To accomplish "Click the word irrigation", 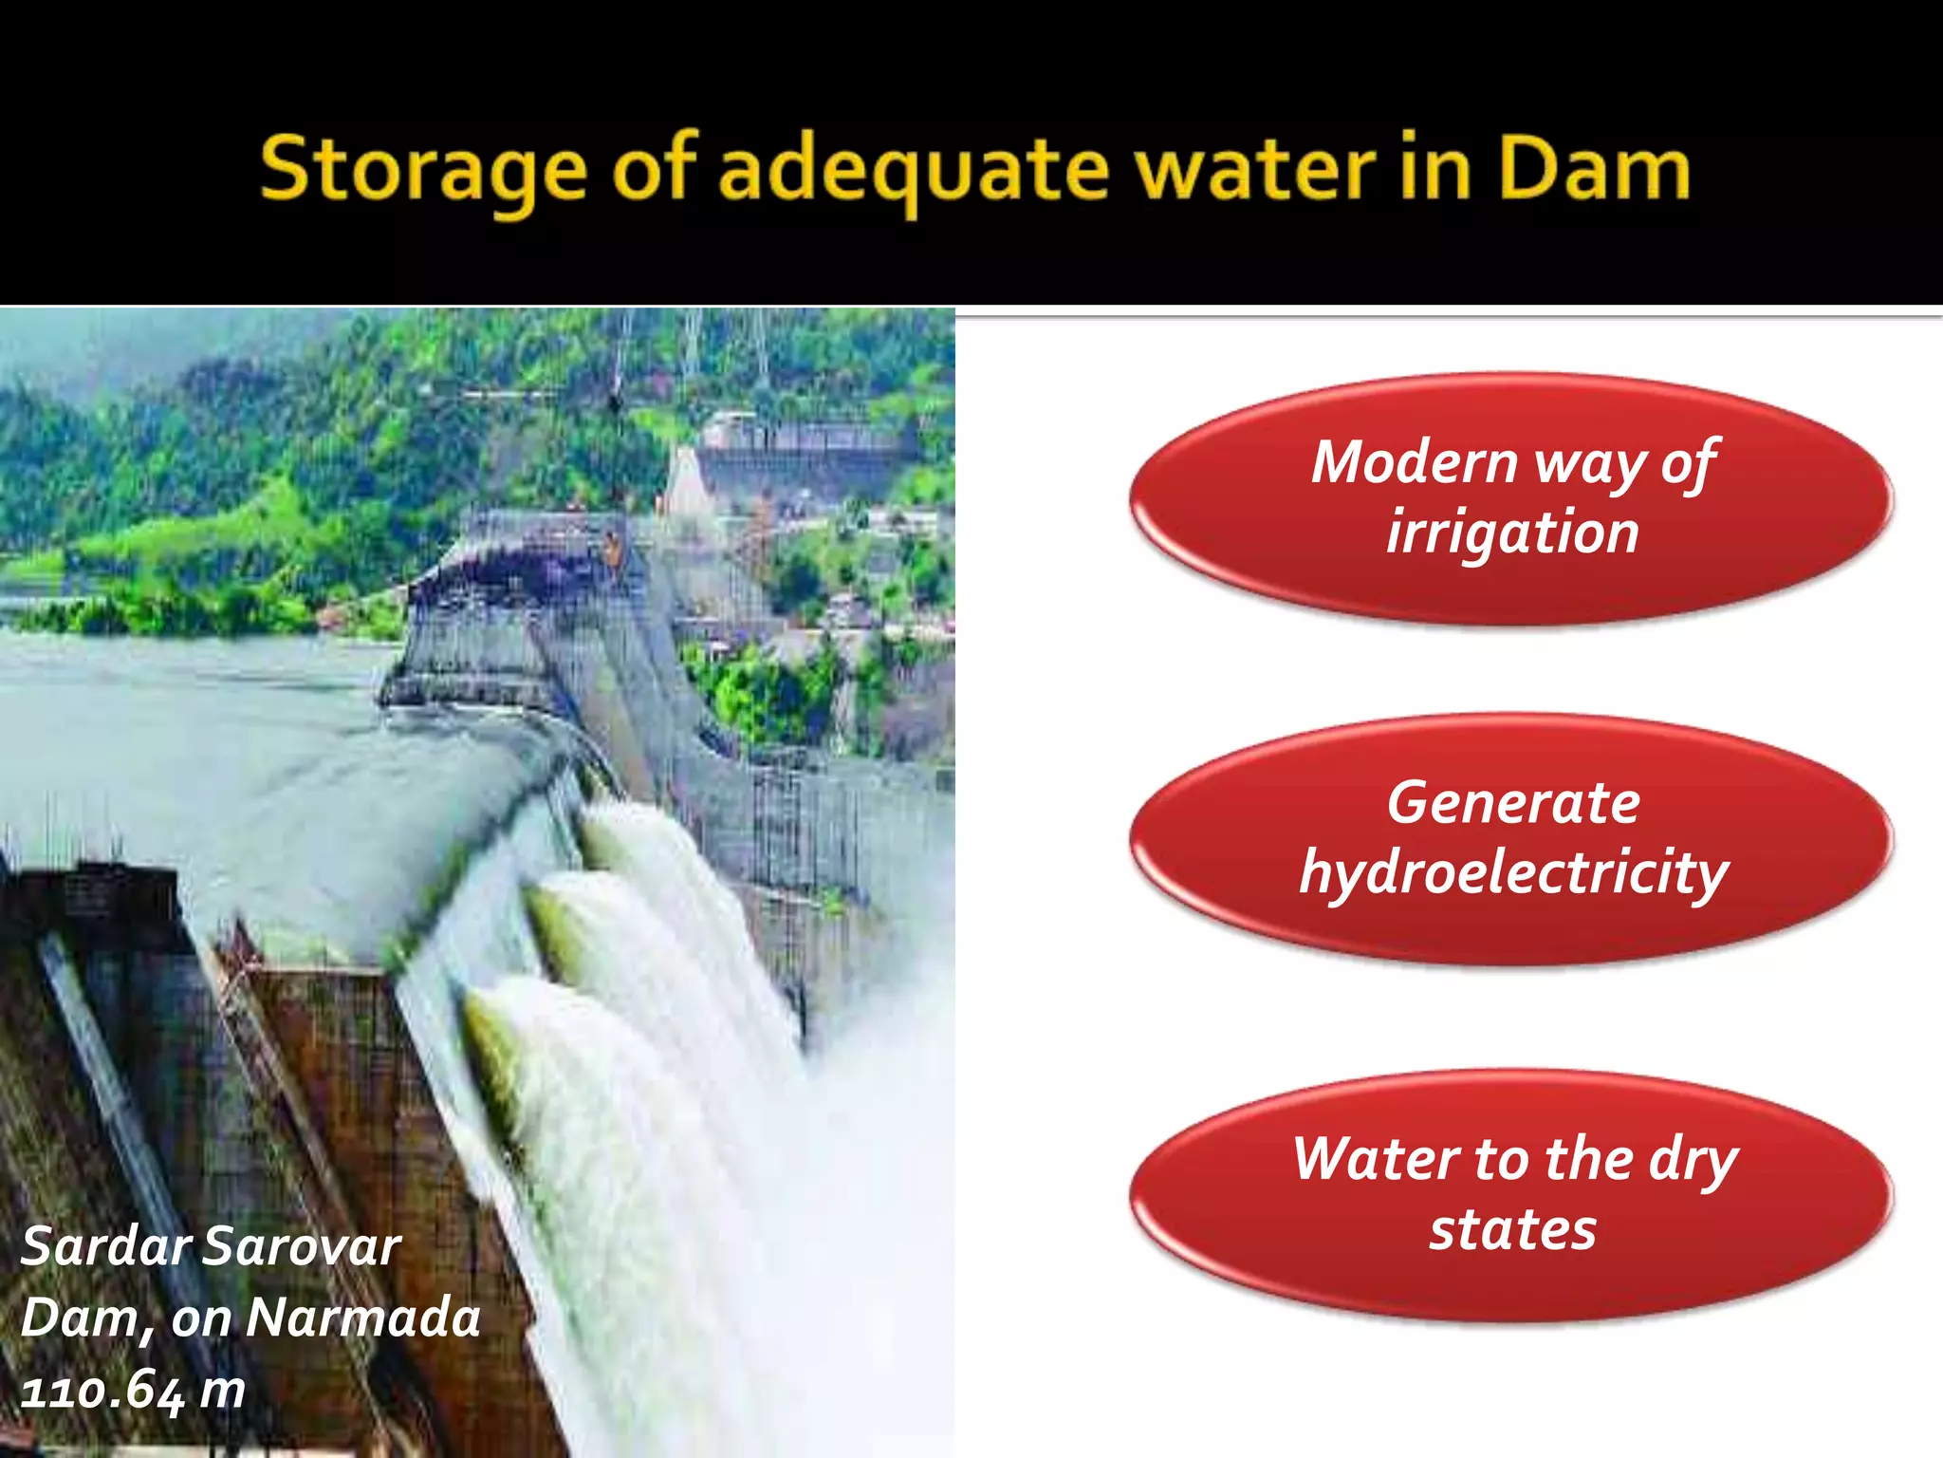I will (x=1512, y=533).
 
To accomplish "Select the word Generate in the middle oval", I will (x=1512, y=803).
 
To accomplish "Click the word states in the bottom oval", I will (x=1512, y=1230).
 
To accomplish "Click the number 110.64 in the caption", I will (x=102, y=1392).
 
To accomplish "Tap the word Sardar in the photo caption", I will (x=104, y=1246).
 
